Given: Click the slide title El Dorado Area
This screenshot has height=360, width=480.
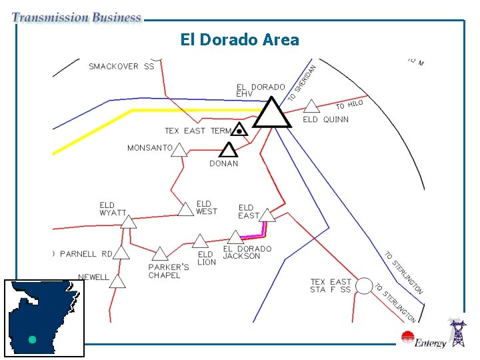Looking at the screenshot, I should pos(239,40).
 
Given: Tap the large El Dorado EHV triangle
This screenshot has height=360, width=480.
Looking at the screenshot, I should pos(271,114).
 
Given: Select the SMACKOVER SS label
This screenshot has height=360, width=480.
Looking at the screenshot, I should pos(121,66).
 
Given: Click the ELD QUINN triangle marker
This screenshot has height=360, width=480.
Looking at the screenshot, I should pos(311,106).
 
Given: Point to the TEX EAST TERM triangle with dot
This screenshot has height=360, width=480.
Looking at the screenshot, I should pos(239,130).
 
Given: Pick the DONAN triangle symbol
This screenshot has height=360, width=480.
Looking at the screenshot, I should pos(229,150).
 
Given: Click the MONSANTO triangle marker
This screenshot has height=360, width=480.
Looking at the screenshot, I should pos(178,150).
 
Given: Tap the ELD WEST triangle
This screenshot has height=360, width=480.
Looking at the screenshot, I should pos(186,209).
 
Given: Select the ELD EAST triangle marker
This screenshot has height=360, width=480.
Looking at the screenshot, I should pos(267,215).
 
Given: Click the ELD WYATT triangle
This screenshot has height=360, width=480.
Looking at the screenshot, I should pos(128,221).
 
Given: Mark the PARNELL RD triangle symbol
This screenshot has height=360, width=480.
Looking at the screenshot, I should pos(122,253).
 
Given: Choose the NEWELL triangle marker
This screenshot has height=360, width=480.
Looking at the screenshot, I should pos(117,281).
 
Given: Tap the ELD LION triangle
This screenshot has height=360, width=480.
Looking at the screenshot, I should pos(201,241).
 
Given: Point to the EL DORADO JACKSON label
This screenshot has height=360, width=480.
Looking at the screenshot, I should pos(247,253).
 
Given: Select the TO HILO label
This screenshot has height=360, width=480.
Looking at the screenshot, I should pos(349,105).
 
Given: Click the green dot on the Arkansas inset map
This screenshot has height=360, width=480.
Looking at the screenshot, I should pos(31,339).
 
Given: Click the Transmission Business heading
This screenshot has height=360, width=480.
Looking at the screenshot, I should pos(77,18).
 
